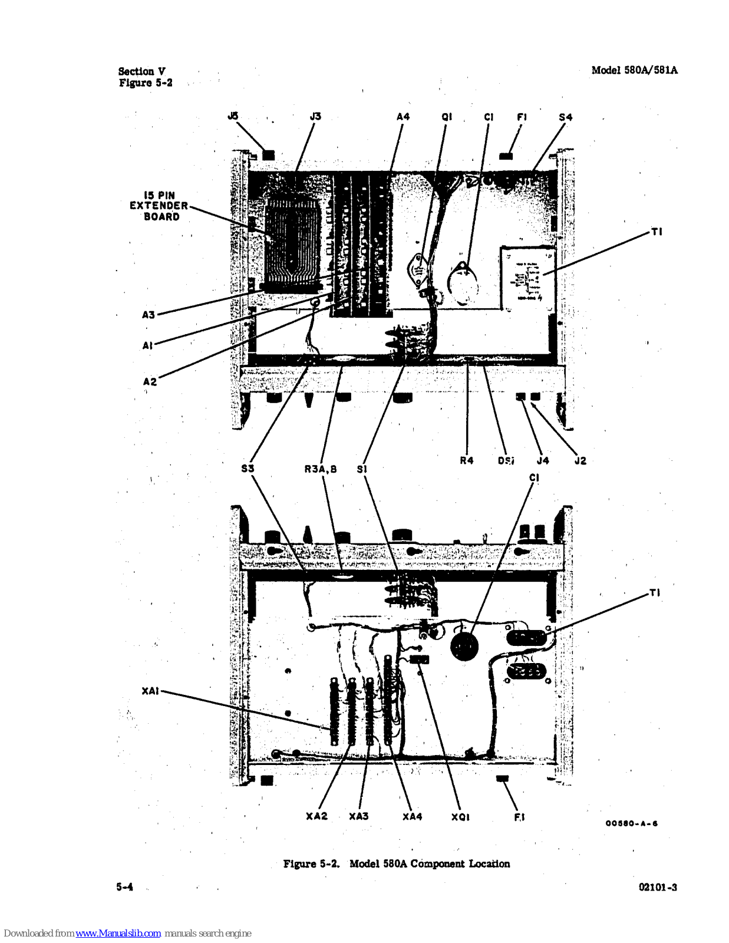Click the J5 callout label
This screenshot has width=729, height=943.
point(233,116)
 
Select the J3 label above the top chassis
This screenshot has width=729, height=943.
point(315,116)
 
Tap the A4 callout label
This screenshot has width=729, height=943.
point(403,117)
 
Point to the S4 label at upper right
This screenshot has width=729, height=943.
point(565,117)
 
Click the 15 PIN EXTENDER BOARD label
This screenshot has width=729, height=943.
point(159,206)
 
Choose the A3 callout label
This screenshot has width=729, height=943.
point(149,315)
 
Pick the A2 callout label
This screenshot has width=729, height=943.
point(150,381)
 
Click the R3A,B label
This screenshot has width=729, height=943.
point(321,469)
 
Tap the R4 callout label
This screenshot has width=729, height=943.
point(467,460)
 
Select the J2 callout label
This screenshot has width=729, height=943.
point(580,461)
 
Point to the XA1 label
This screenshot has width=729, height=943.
point(150,691)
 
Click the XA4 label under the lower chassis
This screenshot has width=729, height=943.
point(413,816)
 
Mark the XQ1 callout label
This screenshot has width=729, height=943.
point(460,817)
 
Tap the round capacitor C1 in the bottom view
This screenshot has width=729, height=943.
point(464,647)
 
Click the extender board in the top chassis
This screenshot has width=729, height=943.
point(292,245)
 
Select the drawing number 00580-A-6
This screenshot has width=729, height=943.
point(631,823)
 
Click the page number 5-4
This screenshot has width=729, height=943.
point(124,887)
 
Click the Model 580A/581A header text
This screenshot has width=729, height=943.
point(634,70)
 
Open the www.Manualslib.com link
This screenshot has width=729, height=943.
point(118,934)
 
